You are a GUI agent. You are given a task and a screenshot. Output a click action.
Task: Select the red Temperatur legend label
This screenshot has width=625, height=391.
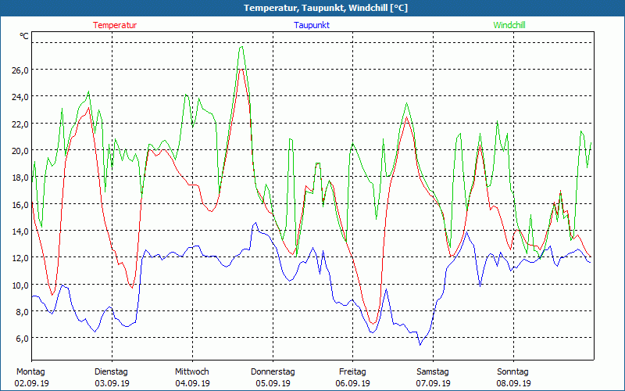[115, 25]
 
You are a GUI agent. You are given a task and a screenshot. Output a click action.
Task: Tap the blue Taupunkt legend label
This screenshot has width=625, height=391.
[312, 25]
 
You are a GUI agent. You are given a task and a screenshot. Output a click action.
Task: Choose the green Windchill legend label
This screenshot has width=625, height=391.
[509, 25]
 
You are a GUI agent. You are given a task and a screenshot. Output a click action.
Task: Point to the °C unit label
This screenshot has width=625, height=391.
[24, 37]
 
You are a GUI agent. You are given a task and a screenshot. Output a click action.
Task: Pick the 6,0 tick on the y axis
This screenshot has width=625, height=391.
[22, 338]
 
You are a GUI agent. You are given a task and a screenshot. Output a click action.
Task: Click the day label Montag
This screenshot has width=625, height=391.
[30, 371]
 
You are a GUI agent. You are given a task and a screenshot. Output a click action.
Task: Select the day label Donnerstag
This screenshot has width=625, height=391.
[273, 371]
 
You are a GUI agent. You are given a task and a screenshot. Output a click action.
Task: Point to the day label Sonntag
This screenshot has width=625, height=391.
[512, 371]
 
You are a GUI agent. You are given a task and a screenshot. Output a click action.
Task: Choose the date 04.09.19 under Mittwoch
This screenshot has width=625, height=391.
[192, 383]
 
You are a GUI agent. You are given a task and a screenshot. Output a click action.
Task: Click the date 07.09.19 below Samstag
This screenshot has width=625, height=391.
[433, 383]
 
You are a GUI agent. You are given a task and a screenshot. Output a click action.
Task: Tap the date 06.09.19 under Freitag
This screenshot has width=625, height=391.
[352, 383]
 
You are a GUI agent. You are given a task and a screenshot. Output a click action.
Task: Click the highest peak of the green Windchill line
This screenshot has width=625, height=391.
[241, 47]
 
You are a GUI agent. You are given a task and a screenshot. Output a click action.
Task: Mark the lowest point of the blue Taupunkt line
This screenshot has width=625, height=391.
[420, 344]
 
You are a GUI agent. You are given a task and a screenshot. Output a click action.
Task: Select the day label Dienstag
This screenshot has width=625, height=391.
[111, 371]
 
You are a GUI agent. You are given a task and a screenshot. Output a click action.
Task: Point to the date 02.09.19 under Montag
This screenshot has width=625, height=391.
[32, 383]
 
